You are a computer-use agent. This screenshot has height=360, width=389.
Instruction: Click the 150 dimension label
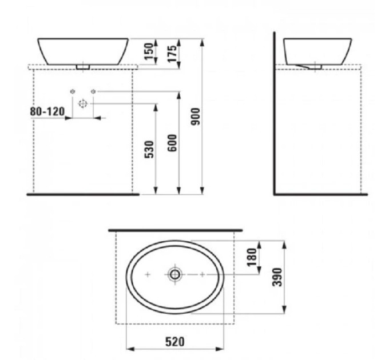149,51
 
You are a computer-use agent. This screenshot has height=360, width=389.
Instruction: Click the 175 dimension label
172,54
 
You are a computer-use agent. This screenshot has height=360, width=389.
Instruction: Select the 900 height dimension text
196,117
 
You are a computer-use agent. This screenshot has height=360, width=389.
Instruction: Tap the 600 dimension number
172,143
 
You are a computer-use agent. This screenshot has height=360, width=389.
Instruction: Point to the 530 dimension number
149,149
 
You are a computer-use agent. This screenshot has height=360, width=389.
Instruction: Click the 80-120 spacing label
47,111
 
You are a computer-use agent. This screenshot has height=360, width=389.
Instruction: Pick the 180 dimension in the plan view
252,257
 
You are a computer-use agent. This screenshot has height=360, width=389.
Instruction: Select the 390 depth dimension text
277,277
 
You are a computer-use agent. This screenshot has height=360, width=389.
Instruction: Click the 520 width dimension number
175,342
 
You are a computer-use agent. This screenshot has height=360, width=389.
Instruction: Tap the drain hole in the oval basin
175,274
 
